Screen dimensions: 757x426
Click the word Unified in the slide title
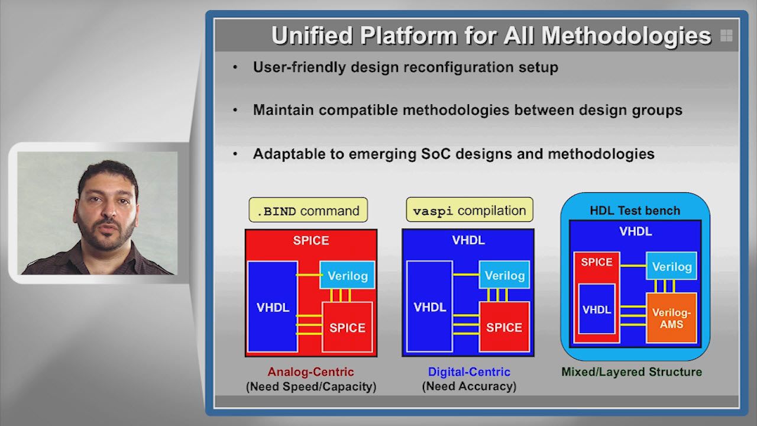pyautogui.click(x=312, y=35)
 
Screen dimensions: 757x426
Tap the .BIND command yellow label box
pyautogui.click(x=308, y=210)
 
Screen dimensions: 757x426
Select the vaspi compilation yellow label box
pyautogui.click(x=470, y=209)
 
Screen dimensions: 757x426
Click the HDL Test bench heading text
pyautogui.click(x=635, y=211)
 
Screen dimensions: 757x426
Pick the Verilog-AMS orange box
pyautogui.click(x=671, y=318)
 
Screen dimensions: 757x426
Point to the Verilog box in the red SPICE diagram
pyautogui.click(x=347, y=275)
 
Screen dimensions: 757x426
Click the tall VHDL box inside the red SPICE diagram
pyautogui.click(x=273, y=306)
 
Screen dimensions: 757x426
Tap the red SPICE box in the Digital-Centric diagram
pyautogui.click(x=504, y=327)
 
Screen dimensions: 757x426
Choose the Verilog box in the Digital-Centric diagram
pyautogui.click(x=504, y=275)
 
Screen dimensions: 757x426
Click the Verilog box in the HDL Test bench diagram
pyautogui.click(x=672, y=266)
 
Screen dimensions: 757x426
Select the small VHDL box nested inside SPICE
pyautogui.click(x=597, y=309)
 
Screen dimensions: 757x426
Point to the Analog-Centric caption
pyautogui.click(x=311, y=372)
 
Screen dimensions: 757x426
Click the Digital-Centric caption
pyautogui.click(x=469, y=372)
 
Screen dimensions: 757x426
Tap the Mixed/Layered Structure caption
pyautogui.click(x=632, y=372)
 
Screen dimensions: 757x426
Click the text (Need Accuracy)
pyautogui.click(x=469, y=386)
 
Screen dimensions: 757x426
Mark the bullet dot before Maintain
pyautogui.click(x=235, y=110)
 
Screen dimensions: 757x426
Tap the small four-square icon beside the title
pyautogui.click(x=726, y=35)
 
